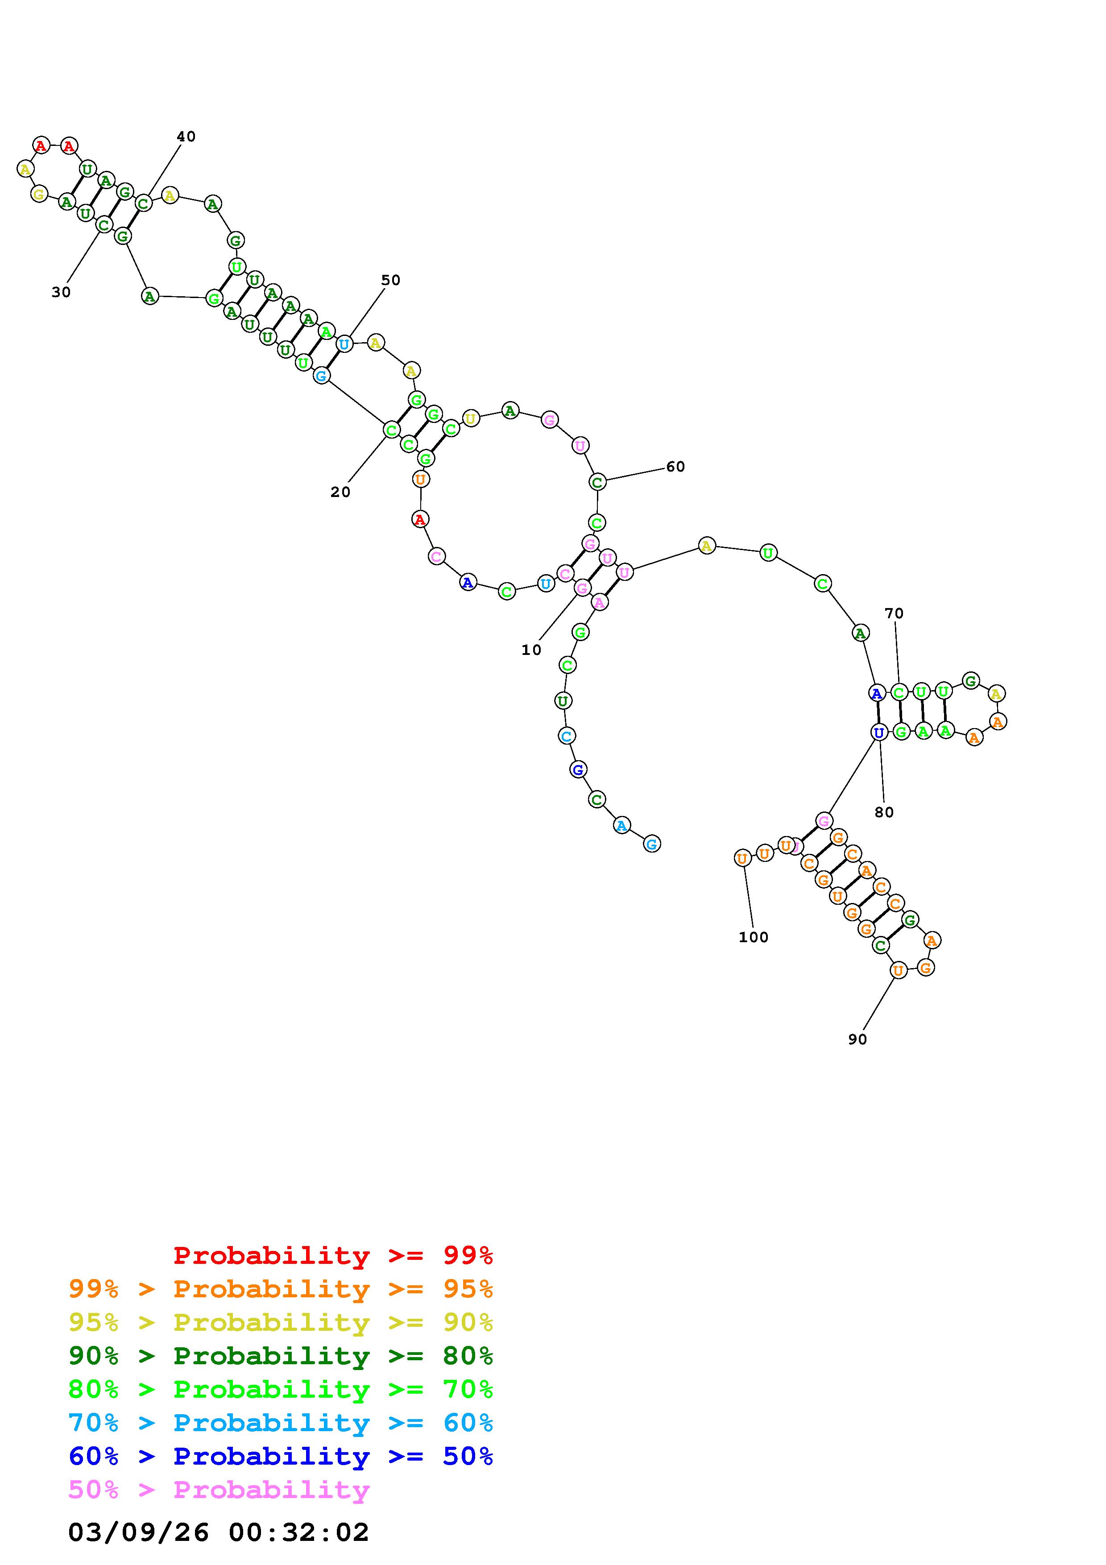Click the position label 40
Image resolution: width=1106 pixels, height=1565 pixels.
186,137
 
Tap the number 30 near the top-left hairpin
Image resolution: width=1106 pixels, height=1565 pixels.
61,292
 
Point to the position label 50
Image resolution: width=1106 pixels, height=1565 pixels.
390,280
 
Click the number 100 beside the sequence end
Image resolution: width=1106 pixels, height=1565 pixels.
753,937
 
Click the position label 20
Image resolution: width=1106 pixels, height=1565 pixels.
340,492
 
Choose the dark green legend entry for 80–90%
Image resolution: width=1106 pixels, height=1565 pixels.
281,1356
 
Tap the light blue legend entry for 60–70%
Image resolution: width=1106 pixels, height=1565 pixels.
281,1423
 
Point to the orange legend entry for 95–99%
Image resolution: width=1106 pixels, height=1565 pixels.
281,1289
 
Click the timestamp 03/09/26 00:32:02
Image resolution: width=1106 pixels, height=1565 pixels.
218,1532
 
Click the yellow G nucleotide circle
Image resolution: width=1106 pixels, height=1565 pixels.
39,194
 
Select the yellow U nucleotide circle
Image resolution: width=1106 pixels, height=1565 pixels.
470,418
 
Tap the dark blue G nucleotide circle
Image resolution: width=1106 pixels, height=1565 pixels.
578,770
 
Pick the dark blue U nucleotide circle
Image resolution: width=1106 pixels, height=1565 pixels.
879,732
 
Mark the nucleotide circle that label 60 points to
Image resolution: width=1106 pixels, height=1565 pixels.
597,482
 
